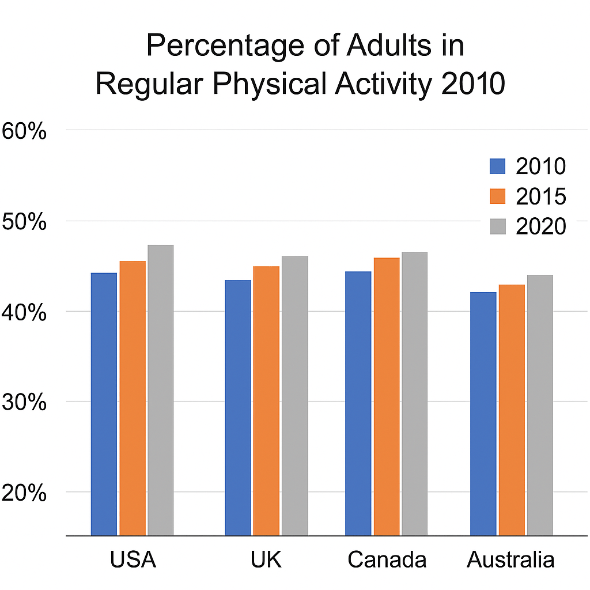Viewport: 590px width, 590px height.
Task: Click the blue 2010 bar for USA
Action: point(104,403)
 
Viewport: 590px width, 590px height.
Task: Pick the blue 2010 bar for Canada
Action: point(358,403)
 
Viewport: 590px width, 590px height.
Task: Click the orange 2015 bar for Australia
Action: point(512,410)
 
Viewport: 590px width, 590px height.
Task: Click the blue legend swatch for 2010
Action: point(497,166)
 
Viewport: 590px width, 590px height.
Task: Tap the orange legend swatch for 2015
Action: point(497,196)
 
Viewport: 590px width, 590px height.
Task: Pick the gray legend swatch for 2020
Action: point(497,226)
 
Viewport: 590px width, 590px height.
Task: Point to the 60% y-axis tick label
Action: point(24,131)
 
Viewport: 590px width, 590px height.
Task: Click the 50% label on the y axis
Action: point(24,222)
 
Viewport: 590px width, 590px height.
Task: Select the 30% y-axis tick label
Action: point(24,402)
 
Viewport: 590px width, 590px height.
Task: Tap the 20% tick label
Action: point(24,493)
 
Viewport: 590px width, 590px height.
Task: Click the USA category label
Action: point(133,559)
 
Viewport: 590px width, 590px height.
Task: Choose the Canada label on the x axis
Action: point(387,559)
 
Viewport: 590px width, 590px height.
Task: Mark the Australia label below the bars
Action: point(511,559)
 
